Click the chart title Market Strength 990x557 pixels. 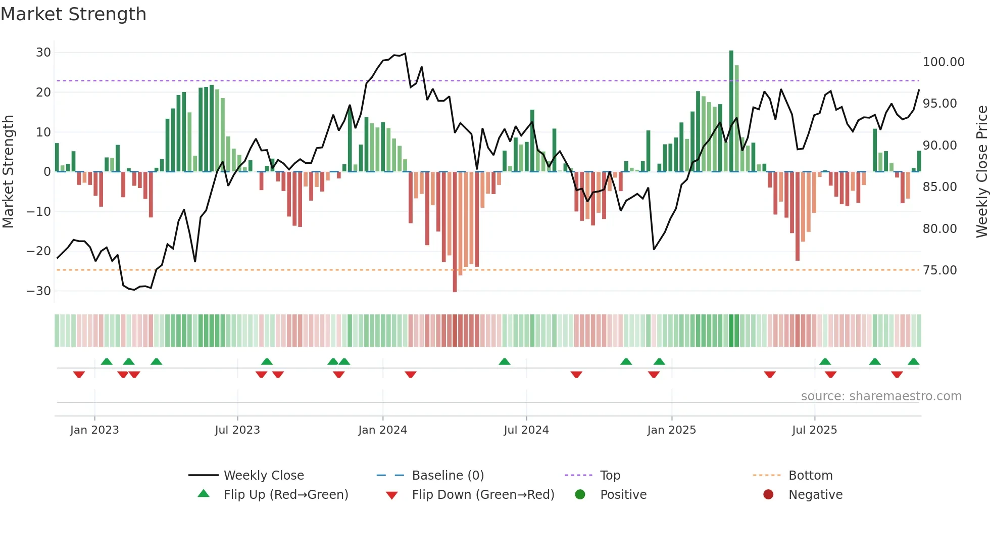point(74,14)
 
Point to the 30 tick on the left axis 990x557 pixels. point(43,53)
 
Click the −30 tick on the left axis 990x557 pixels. point(39,291)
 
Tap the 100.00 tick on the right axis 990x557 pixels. point(943,62)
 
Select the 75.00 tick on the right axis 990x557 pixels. point(939,270)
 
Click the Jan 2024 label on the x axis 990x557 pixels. point(382,430)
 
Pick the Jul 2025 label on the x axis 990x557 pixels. point(814,430)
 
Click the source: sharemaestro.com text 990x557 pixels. point(881,396)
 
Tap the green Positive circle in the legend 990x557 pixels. point(580,495)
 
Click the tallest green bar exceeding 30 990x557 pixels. point(731,111)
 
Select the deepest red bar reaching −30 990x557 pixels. point(455,233)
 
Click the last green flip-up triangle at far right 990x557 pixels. point(913,362)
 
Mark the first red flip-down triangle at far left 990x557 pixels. point(79,375)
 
